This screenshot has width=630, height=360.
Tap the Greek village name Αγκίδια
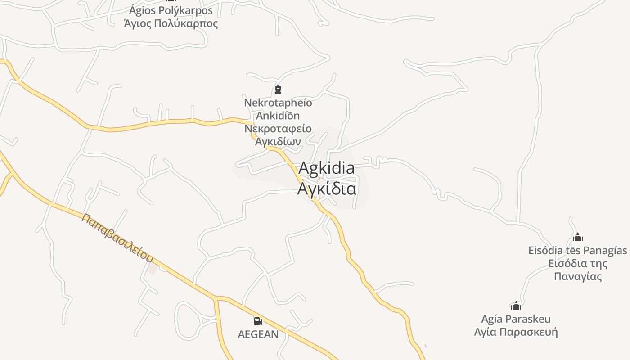click(326, 188)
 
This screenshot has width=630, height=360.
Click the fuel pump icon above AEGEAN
click(258, 321)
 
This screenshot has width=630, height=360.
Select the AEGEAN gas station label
click(258, 334)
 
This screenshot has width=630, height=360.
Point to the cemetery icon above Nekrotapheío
click(278, 90)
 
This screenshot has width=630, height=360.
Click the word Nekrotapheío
click(278, 103)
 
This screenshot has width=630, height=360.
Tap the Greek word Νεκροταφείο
click(278, 129)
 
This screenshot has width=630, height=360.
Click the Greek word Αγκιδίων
click(278, 141)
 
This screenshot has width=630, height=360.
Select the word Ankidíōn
click(278, 116)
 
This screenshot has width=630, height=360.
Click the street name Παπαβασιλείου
click(117, 238)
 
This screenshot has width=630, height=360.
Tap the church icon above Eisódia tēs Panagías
click(578, 237)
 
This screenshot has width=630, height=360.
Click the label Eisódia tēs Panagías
click(578, 250)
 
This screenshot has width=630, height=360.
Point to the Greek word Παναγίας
click(578, 276)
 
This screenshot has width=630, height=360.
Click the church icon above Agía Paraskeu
click(516, 306)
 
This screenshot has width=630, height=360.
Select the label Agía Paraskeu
click(516, 319)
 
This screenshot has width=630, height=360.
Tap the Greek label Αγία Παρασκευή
click(516, 332)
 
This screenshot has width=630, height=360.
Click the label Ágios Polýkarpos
click(171, 10)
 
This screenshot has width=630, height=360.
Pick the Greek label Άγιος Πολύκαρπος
click(171, 23)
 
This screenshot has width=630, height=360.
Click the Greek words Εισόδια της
click(578, 263)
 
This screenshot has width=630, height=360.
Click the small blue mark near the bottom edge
click(425, 346)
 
